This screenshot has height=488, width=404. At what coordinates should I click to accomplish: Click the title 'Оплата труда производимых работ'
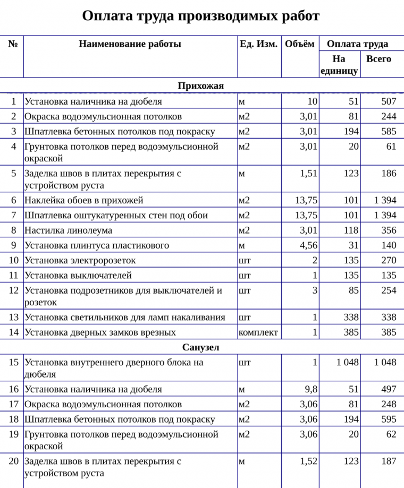tap(201, 16)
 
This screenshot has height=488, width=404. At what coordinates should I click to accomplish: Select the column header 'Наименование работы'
tap(130, 44)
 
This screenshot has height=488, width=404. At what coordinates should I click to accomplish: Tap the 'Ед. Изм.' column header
tap(258, 44)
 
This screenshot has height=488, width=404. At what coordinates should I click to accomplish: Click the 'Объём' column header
tap(299, 44)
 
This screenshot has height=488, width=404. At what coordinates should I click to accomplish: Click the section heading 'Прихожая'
tap(201, 85)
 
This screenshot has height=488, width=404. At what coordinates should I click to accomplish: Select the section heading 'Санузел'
tap(201, 347)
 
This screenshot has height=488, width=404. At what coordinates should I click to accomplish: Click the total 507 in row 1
tap(389, 101)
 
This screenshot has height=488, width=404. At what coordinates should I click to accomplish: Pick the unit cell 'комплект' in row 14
tap(258, 332)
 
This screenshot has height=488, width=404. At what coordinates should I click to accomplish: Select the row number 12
tap(13, 290)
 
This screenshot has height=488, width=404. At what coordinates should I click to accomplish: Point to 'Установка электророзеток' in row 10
tap(80, 260)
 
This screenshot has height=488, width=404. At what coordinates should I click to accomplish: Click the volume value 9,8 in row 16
tap(311, 389)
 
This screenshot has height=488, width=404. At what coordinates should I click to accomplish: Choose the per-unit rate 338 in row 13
tap(351, 317)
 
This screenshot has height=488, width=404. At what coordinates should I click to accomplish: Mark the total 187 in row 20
tap(389, 461)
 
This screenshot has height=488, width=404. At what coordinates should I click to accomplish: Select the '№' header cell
tap(13, 44)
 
